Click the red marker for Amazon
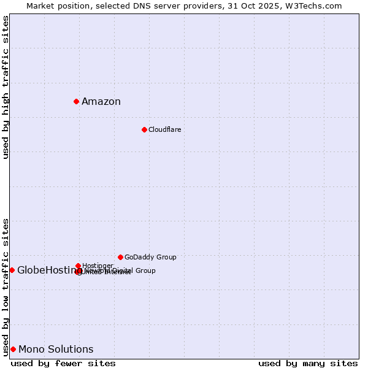click(76, 101)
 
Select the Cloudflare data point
click(144, 129)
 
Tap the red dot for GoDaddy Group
click(120, 257)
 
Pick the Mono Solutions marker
click(13, 349)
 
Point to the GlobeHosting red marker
click(12, 270)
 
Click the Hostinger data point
click(78, 266)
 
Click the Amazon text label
click(101, 102)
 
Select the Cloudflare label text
click(164, 129)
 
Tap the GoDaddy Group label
click(150, 257)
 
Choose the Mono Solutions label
click(56, 350)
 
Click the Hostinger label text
click(98, 266)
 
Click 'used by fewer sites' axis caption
click(63, 363)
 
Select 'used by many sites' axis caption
click(308, 363)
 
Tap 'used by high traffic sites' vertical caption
click(6, 87)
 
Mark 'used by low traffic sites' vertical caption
click(6, 287)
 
